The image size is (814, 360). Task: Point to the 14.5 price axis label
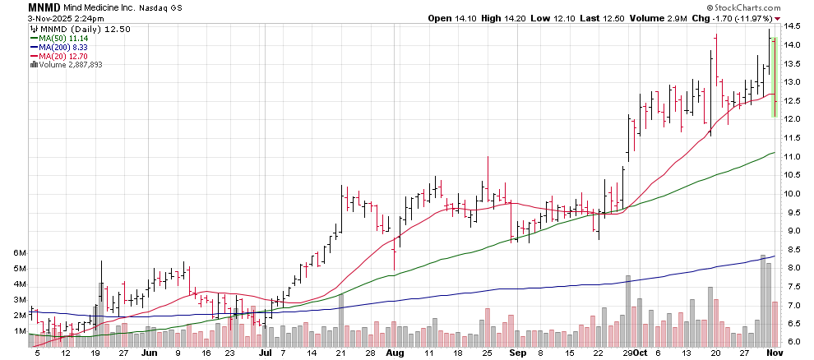793,26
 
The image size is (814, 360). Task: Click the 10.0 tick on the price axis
793,194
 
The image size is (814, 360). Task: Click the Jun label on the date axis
149,353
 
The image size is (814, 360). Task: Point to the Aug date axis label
395,353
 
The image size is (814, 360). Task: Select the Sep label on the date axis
516,353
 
